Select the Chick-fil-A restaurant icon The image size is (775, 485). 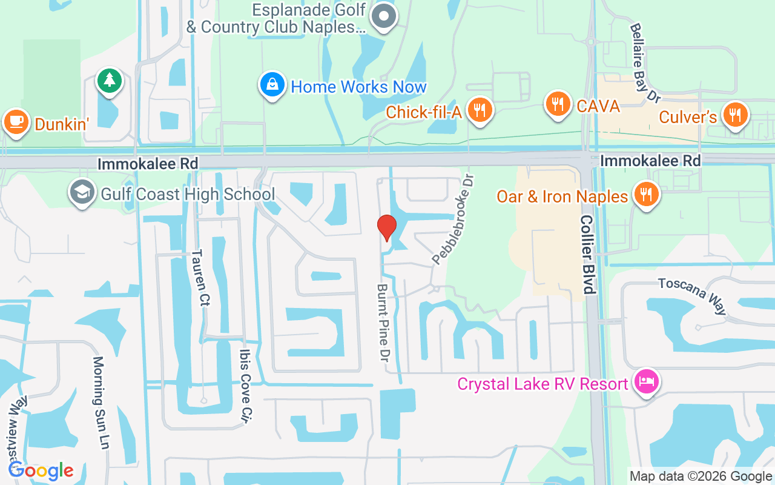point(481,110)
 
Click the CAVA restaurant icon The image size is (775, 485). point(558,104)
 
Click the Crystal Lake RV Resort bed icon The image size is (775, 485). point(647,382)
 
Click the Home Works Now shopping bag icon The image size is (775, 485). point(272,85)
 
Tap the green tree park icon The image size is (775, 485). point(110,80)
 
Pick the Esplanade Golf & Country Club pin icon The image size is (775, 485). point(383,15)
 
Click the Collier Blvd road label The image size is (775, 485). point(588,254)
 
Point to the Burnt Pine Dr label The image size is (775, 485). point(383,323)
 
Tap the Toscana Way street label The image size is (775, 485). point(691,296)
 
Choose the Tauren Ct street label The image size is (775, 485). point(199,278)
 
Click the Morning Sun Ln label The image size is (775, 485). point(101,403)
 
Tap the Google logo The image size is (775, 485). point(41,470)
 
